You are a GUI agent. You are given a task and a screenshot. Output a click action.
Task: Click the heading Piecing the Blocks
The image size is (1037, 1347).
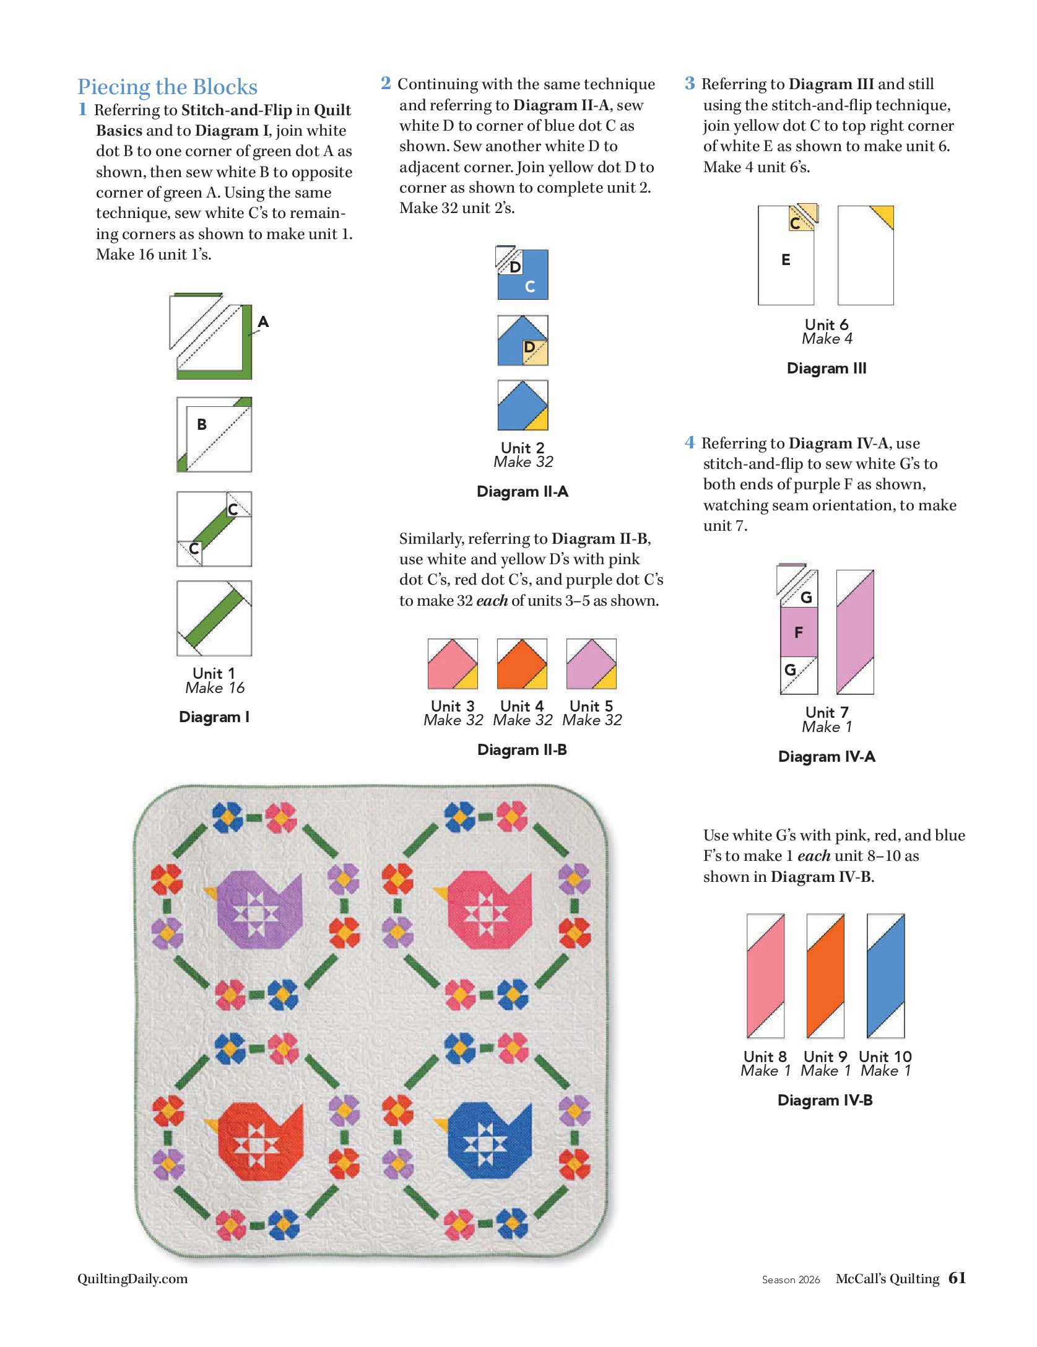[x=167, y=87]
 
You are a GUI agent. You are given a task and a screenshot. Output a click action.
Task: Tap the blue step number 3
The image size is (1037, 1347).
[x=690, y=83]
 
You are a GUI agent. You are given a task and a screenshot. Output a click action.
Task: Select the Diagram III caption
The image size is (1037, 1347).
[x=826, y=368]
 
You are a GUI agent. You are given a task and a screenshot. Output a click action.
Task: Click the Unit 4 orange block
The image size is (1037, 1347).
[x=522, y=664]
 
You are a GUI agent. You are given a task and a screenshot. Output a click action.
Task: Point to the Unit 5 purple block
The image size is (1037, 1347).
[x=591, y=664]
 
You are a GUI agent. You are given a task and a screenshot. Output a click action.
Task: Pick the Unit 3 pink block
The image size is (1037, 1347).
[x=453, y=664]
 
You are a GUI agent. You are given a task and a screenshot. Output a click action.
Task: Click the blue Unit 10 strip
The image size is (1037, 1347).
[x=886, y=975]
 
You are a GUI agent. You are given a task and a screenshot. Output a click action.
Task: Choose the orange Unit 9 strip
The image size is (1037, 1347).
[x=825, y=975]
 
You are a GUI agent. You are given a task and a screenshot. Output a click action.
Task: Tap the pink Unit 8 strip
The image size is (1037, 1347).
[x=766, y=975]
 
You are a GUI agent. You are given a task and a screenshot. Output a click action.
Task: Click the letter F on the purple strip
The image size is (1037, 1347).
[x=799, y=632]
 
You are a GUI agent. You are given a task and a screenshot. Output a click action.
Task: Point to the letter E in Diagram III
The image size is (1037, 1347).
[x=786, y=260]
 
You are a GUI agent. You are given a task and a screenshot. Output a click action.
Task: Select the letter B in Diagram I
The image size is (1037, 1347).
[x=201, y=425]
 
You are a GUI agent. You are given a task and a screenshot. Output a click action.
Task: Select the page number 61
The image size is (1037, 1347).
[x=957, y=1278]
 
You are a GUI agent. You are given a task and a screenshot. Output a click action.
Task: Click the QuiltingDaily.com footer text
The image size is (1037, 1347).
[x=132, y=1278]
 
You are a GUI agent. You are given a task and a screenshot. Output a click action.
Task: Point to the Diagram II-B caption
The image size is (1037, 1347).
[x=522, y=750]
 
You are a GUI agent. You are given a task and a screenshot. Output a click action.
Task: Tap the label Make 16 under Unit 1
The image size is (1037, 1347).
[x=215, y=688]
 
